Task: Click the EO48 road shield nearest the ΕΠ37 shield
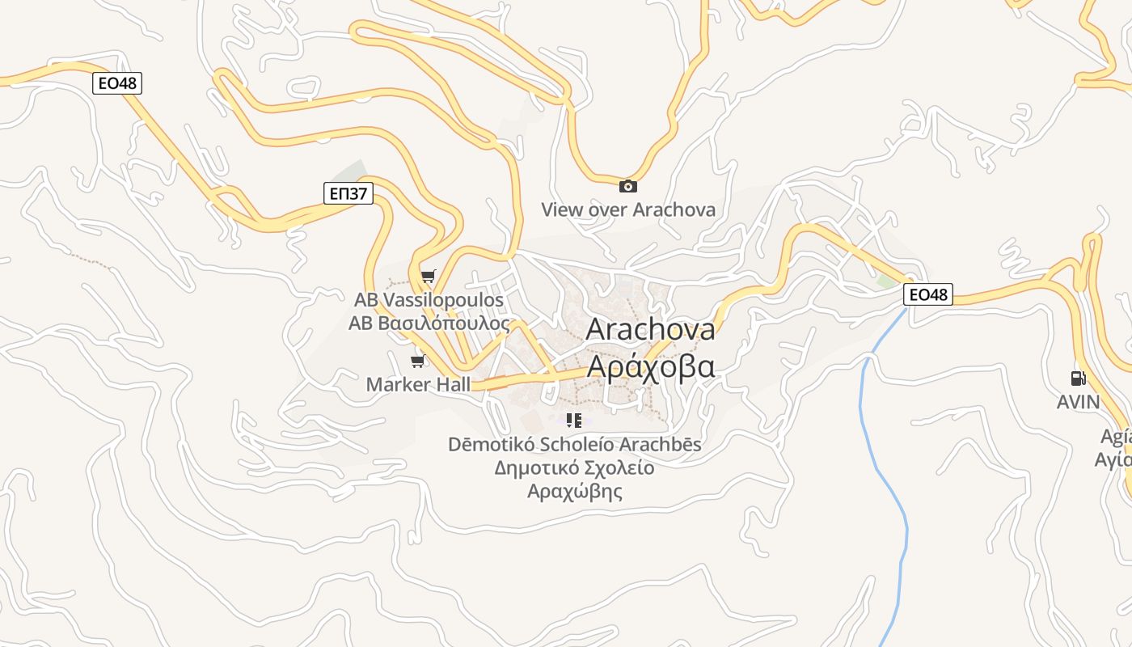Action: point(117,83)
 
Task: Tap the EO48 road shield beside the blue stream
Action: point(927,295)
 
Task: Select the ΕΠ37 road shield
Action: point(348,192)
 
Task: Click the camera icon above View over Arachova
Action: point(627,187)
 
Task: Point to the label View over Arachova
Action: point(628,210)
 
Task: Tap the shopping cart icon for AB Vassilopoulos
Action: point(428,277)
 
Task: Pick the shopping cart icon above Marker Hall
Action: point(417,361)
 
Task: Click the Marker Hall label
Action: point(418,384)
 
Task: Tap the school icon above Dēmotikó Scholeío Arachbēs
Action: point(574,421)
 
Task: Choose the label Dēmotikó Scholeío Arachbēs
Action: point(575,445)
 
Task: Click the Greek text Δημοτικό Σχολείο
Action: point(575,468)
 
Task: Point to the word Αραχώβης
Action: point(575,492)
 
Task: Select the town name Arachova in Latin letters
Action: point(650,329)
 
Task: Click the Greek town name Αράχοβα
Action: point(650,366)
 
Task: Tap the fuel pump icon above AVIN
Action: point(1078,378)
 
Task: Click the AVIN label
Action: point(1078,402)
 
